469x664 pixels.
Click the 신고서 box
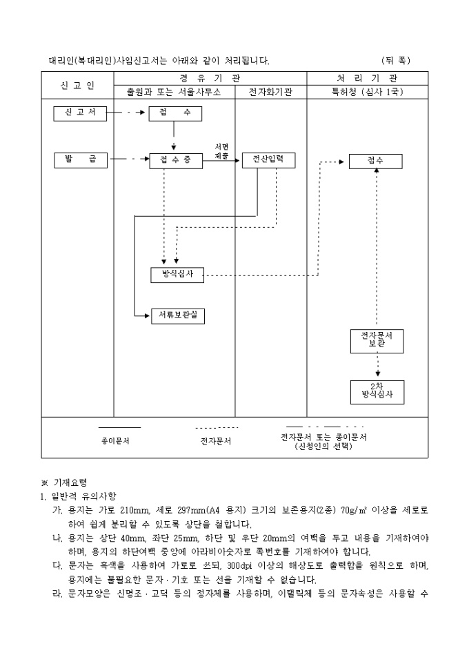point(80,113)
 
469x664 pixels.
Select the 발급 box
point(80,160)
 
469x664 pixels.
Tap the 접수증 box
point(176,160)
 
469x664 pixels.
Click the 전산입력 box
point(268,160)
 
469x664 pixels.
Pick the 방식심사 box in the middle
point(177,275)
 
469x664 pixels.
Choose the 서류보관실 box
point(178,315)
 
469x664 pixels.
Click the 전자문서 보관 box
point(377,340)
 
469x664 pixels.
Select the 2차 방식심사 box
point(377,391)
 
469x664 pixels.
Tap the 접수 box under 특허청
point(375,161)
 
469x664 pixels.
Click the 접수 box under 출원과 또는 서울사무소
point(176,113)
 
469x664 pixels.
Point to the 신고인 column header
point(77,85)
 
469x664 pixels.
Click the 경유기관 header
point(209,78)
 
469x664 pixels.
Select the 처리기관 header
point(367,78)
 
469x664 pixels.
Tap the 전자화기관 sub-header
point(269,92)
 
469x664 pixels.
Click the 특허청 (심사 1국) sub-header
point(367,92)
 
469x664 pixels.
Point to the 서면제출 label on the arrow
point(221,152)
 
